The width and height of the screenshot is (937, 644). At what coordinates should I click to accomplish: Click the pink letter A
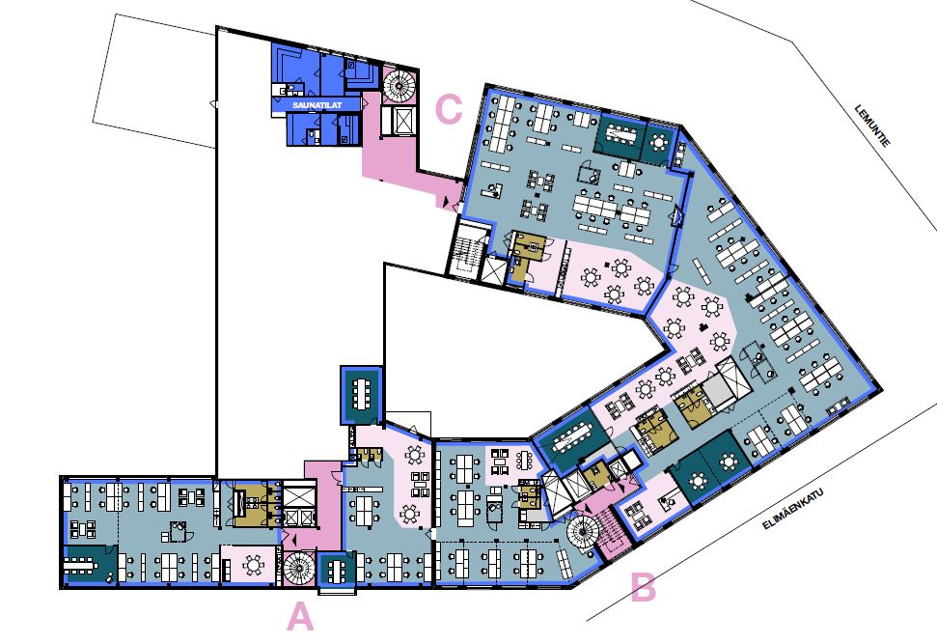point(300,617)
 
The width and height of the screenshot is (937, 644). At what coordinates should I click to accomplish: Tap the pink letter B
point(644,587)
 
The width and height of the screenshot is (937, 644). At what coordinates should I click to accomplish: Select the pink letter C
point(449,109)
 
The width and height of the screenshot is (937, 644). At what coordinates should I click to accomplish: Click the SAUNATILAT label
point(317,105)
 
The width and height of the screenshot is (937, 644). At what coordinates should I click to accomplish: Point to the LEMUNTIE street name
point(872,125)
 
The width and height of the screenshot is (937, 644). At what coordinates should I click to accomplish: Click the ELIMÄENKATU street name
point(792,509)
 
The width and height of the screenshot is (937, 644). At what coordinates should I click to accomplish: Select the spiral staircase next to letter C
point(398,86)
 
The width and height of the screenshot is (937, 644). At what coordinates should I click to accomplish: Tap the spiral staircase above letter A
point(298,568)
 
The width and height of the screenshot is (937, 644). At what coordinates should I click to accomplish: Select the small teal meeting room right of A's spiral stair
point(336,570)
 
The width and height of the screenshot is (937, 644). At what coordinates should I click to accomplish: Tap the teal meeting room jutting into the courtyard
point(361,395)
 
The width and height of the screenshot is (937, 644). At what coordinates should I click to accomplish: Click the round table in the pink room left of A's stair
point(254,565)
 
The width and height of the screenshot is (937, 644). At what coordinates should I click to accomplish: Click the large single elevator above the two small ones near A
point(299,494)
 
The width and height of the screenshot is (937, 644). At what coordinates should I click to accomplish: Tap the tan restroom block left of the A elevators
point(255,505)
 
